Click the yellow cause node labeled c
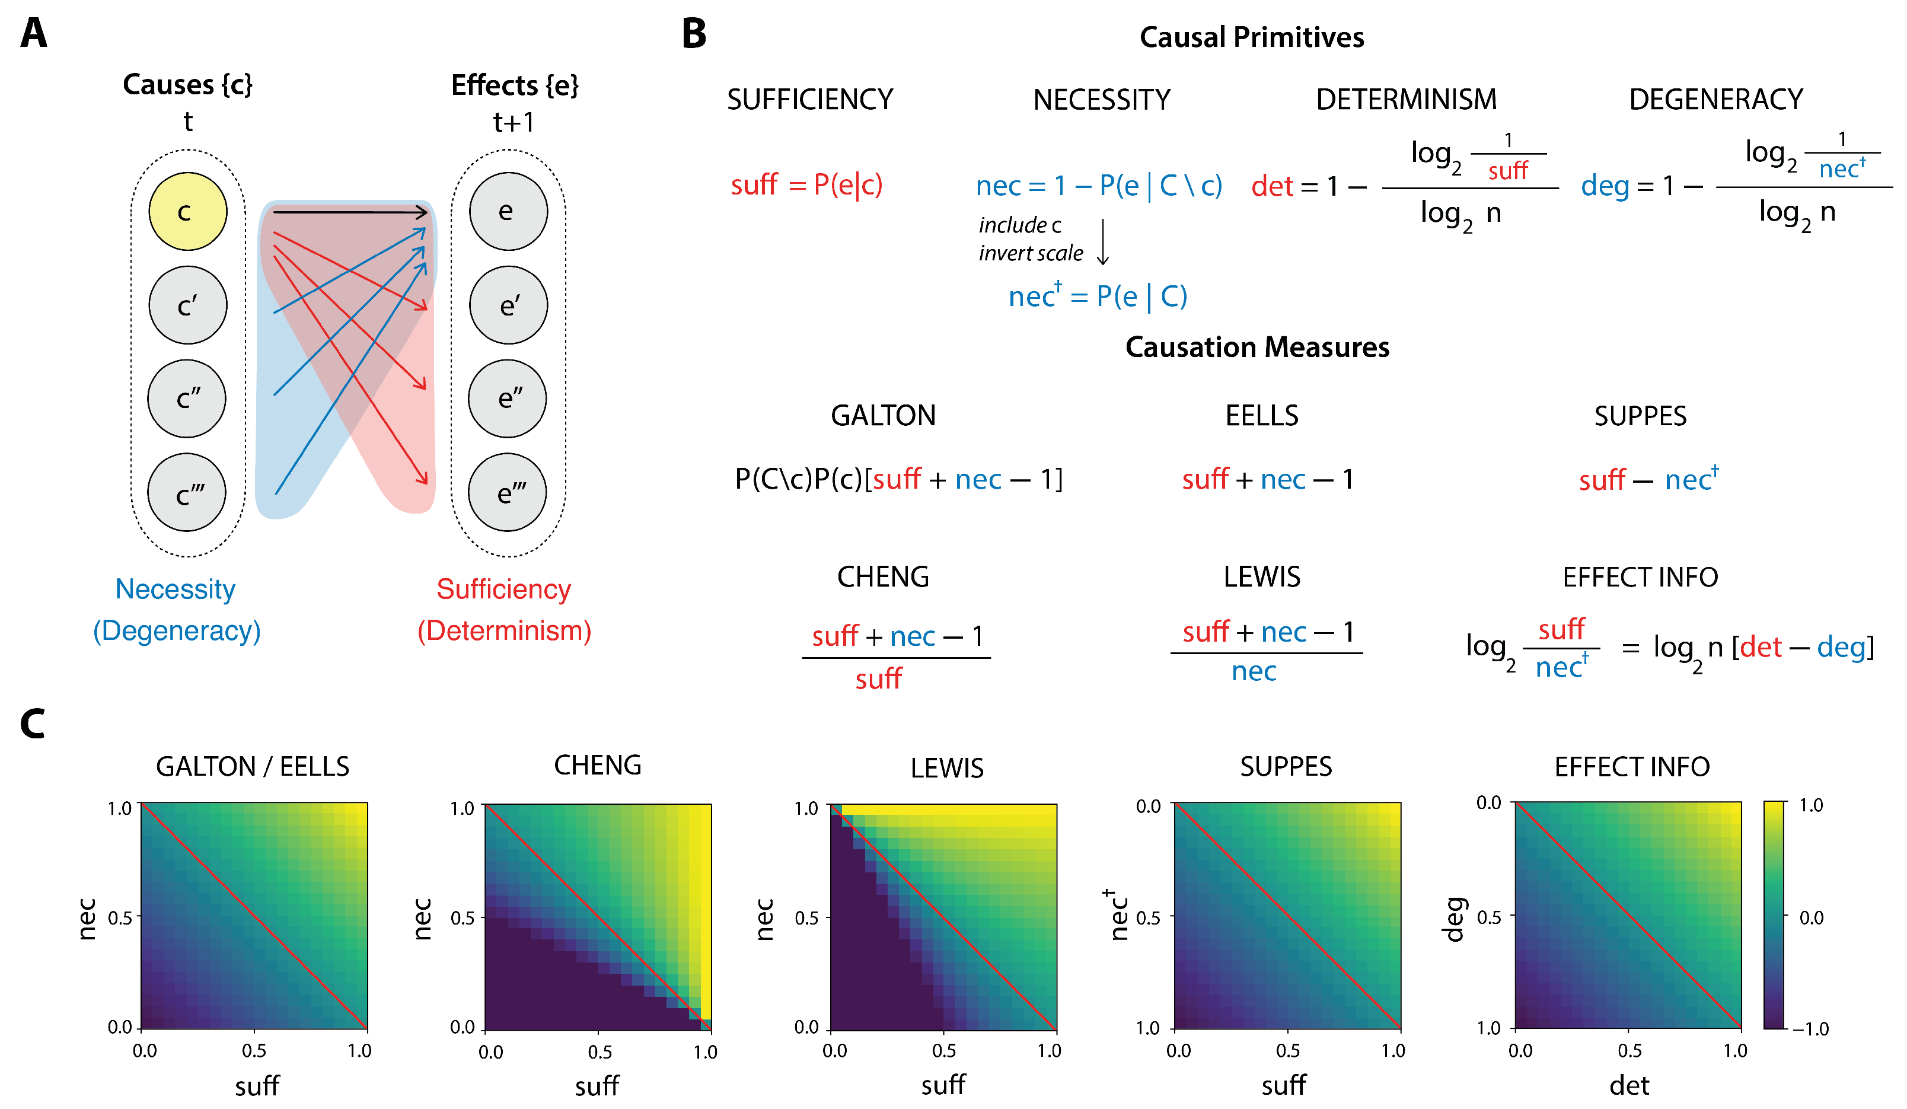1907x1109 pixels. point(187,211)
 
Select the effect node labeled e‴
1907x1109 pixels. point(508,493)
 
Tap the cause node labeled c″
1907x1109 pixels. point(187,399)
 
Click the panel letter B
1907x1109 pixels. point(693,35)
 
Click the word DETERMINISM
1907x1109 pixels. point(1406,99)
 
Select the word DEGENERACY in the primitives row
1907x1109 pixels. point(1715,99)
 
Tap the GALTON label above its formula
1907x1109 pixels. point(882,416)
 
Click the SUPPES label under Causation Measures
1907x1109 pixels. point(1640,416)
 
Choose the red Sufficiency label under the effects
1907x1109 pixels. point(503,589)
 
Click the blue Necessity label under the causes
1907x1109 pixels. point(175,589)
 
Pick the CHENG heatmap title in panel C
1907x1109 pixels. point(597,765)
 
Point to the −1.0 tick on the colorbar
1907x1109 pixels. point(1810,1029)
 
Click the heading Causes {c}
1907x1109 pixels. point(187,85)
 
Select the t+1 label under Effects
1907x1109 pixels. point(514,122)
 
